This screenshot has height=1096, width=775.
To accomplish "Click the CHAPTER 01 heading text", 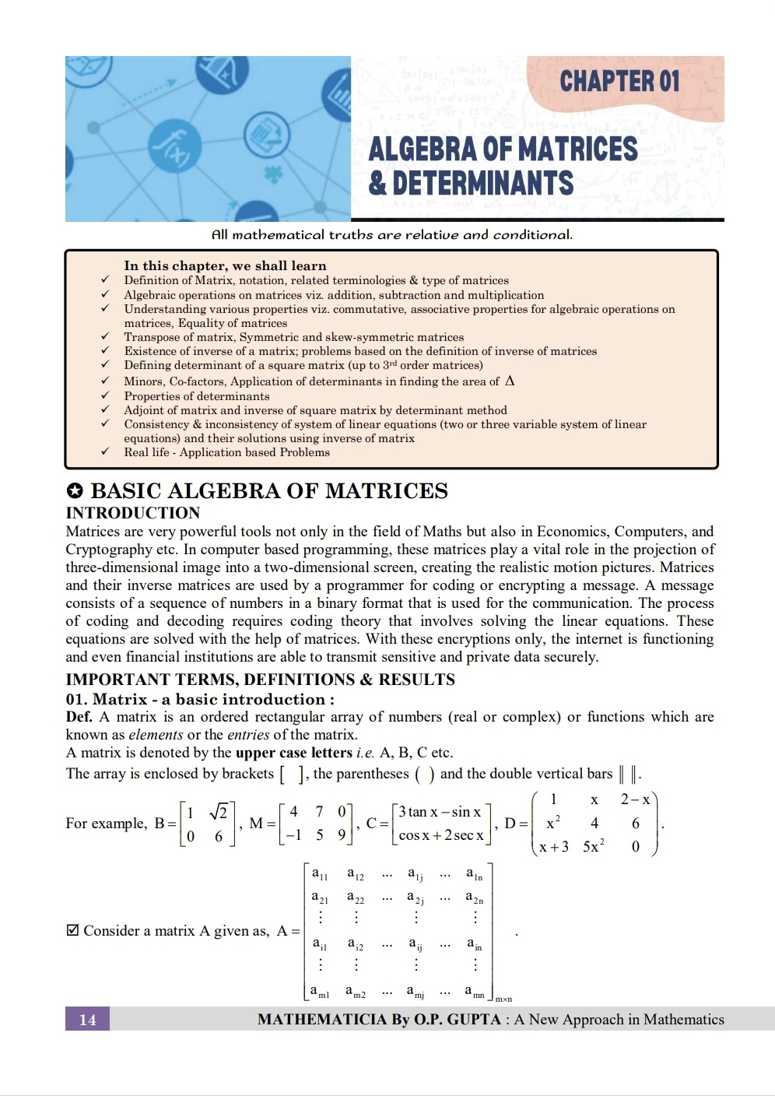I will [x=619, y=81].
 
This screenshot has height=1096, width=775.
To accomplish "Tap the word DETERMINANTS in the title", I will [x=482, y=184].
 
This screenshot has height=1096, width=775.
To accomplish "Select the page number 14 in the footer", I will [x=87, y=1020].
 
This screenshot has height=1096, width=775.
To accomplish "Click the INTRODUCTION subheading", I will [x=133, y=513].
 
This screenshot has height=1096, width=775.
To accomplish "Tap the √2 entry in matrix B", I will [x=219, y=812].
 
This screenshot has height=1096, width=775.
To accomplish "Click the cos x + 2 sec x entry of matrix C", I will [x=441, y=836].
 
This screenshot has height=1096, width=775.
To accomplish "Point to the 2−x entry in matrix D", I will [x=635, y=799].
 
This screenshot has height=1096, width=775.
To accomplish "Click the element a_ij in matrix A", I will [x=416, y=945].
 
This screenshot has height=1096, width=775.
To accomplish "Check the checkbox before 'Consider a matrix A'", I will [x=72, y=930].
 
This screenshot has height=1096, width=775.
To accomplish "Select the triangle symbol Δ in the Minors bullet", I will [x=510, y=381].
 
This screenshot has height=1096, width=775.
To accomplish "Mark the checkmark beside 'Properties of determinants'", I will [x=104, y=396].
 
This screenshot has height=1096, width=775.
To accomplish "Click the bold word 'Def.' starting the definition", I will [x=79, y=717].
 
